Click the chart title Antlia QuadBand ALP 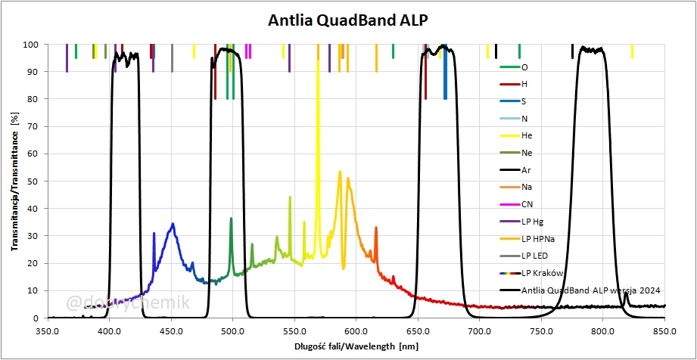(x=348, y=20)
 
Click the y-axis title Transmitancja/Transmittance (x=14, y=181)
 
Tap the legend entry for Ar (x=526, y=170)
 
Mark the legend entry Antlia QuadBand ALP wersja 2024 (x=580, y=290)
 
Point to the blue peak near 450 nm (x=173, y=225)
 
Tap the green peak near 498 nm (x=231, y=219)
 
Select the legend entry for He (x=527, y=135)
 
